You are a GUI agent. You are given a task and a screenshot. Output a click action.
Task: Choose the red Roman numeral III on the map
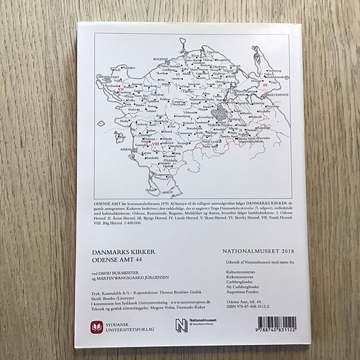(x=265, y=83)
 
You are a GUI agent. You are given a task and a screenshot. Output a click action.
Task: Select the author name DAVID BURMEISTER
(x=133, y=274)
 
